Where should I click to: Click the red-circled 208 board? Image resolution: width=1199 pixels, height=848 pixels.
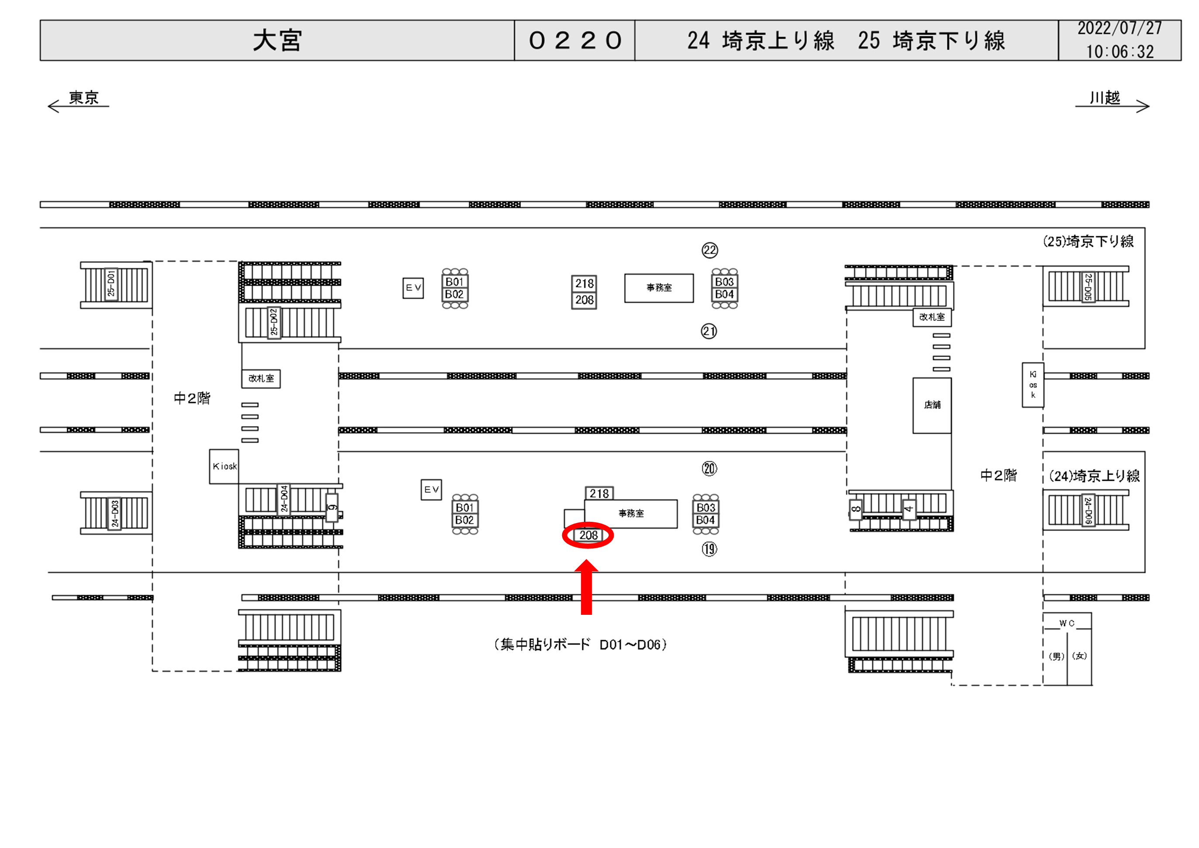tap(588, 535)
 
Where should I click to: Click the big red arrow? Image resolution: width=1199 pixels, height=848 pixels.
tap(587, 587)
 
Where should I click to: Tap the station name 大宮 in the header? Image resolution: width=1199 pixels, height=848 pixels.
tap(277, 41)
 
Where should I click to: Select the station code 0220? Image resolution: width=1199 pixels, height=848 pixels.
tap(575, 41)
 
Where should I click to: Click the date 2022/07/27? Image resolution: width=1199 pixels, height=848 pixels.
tap(1120, 28)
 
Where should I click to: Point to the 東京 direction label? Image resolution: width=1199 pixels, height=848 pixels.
tap(83, 98)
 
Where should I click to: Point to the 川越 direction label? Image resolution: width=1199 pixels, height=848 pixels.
tap(1105, 98)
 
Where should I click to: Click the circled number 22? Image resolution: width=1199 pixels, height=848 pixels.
tap(710, 251)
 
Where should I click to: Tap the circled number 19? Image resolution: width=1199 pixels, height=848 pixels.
tap(709, 549)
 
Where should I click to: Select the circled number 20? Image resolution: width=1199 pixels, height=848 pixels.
tap(709, 469)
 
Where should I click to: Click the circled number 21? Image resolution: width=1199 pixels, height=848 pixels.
tap(708, 331)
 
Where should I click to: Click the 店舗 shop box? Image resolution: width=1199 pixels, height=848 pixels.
tap(932, 405)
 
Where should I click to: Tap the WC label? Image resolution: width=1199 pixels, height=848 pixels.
tap(1067, 624)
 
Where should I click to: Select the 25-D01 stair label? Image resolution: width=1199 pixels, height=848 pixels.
tap(111, 284)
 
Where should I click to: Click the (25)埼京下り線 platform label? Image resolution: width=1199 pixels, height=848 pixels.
tap(1088, 241)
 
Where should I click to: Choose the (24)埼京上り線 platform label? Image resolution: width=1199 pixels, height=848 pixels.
tap(1095, 476)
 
